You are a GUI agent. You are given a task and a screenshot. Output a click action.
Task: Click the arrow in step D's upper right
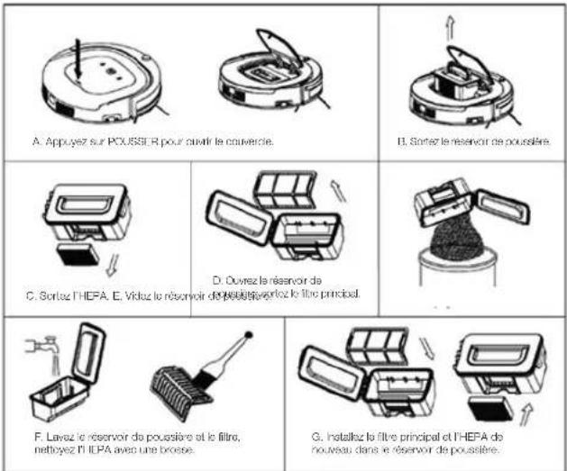(x=336, y=190)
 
